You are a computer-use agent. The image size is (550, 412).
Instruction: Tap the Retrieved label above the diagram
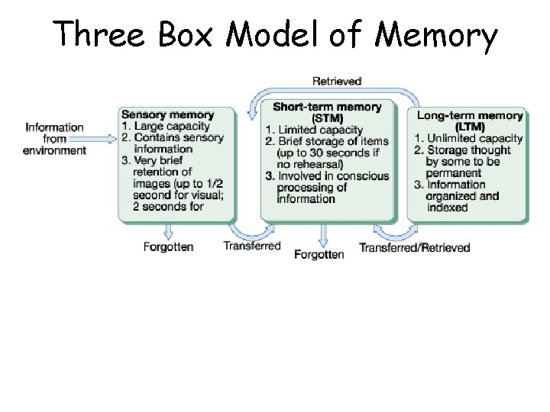[x=337, y=80]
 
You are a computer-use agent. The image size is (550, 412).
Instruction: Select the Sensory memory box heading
[x=167, y=115]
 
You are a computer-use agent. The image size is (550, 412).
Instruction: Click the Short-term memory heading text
[x=327, y=106]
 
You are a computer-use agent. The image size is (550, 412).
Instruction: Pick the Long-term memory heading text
[x=470, y=115]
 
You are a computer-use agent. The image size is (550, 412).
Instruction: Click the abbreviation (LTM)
[x=470, y=127]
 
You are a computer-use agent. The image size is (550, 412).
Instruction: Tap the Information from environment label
[x=54, y=139]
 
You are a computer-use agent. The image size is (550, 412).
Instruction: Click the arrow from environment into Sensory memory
[x=102, y=138]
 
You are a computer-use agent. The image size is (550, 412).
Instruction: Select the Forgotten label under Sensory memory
[x=168, y=246]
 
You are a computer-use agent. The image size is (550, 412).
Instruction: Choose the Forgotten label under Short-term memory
[x=319, y=254]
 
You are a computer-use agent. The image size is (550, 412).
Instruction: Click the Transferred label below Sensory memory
[x=251, y=246]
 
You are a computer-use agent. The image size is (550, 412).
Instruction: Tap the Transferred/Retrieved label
[x=414, y=247]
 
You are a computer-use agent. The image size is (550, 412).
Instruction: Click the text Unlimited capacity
[x=474, y=138]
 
